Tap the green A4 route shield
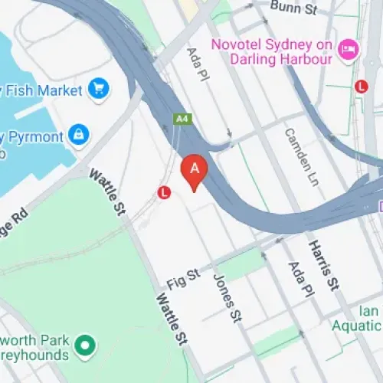182,118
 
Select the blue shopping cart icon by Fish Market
97,90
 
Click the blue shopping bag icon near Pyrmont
78,135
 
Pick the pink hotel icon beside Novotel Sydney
349,50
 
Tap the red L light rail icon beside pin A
163,194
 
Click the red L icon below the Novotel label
361,87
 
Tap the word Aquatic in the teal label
357,326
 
